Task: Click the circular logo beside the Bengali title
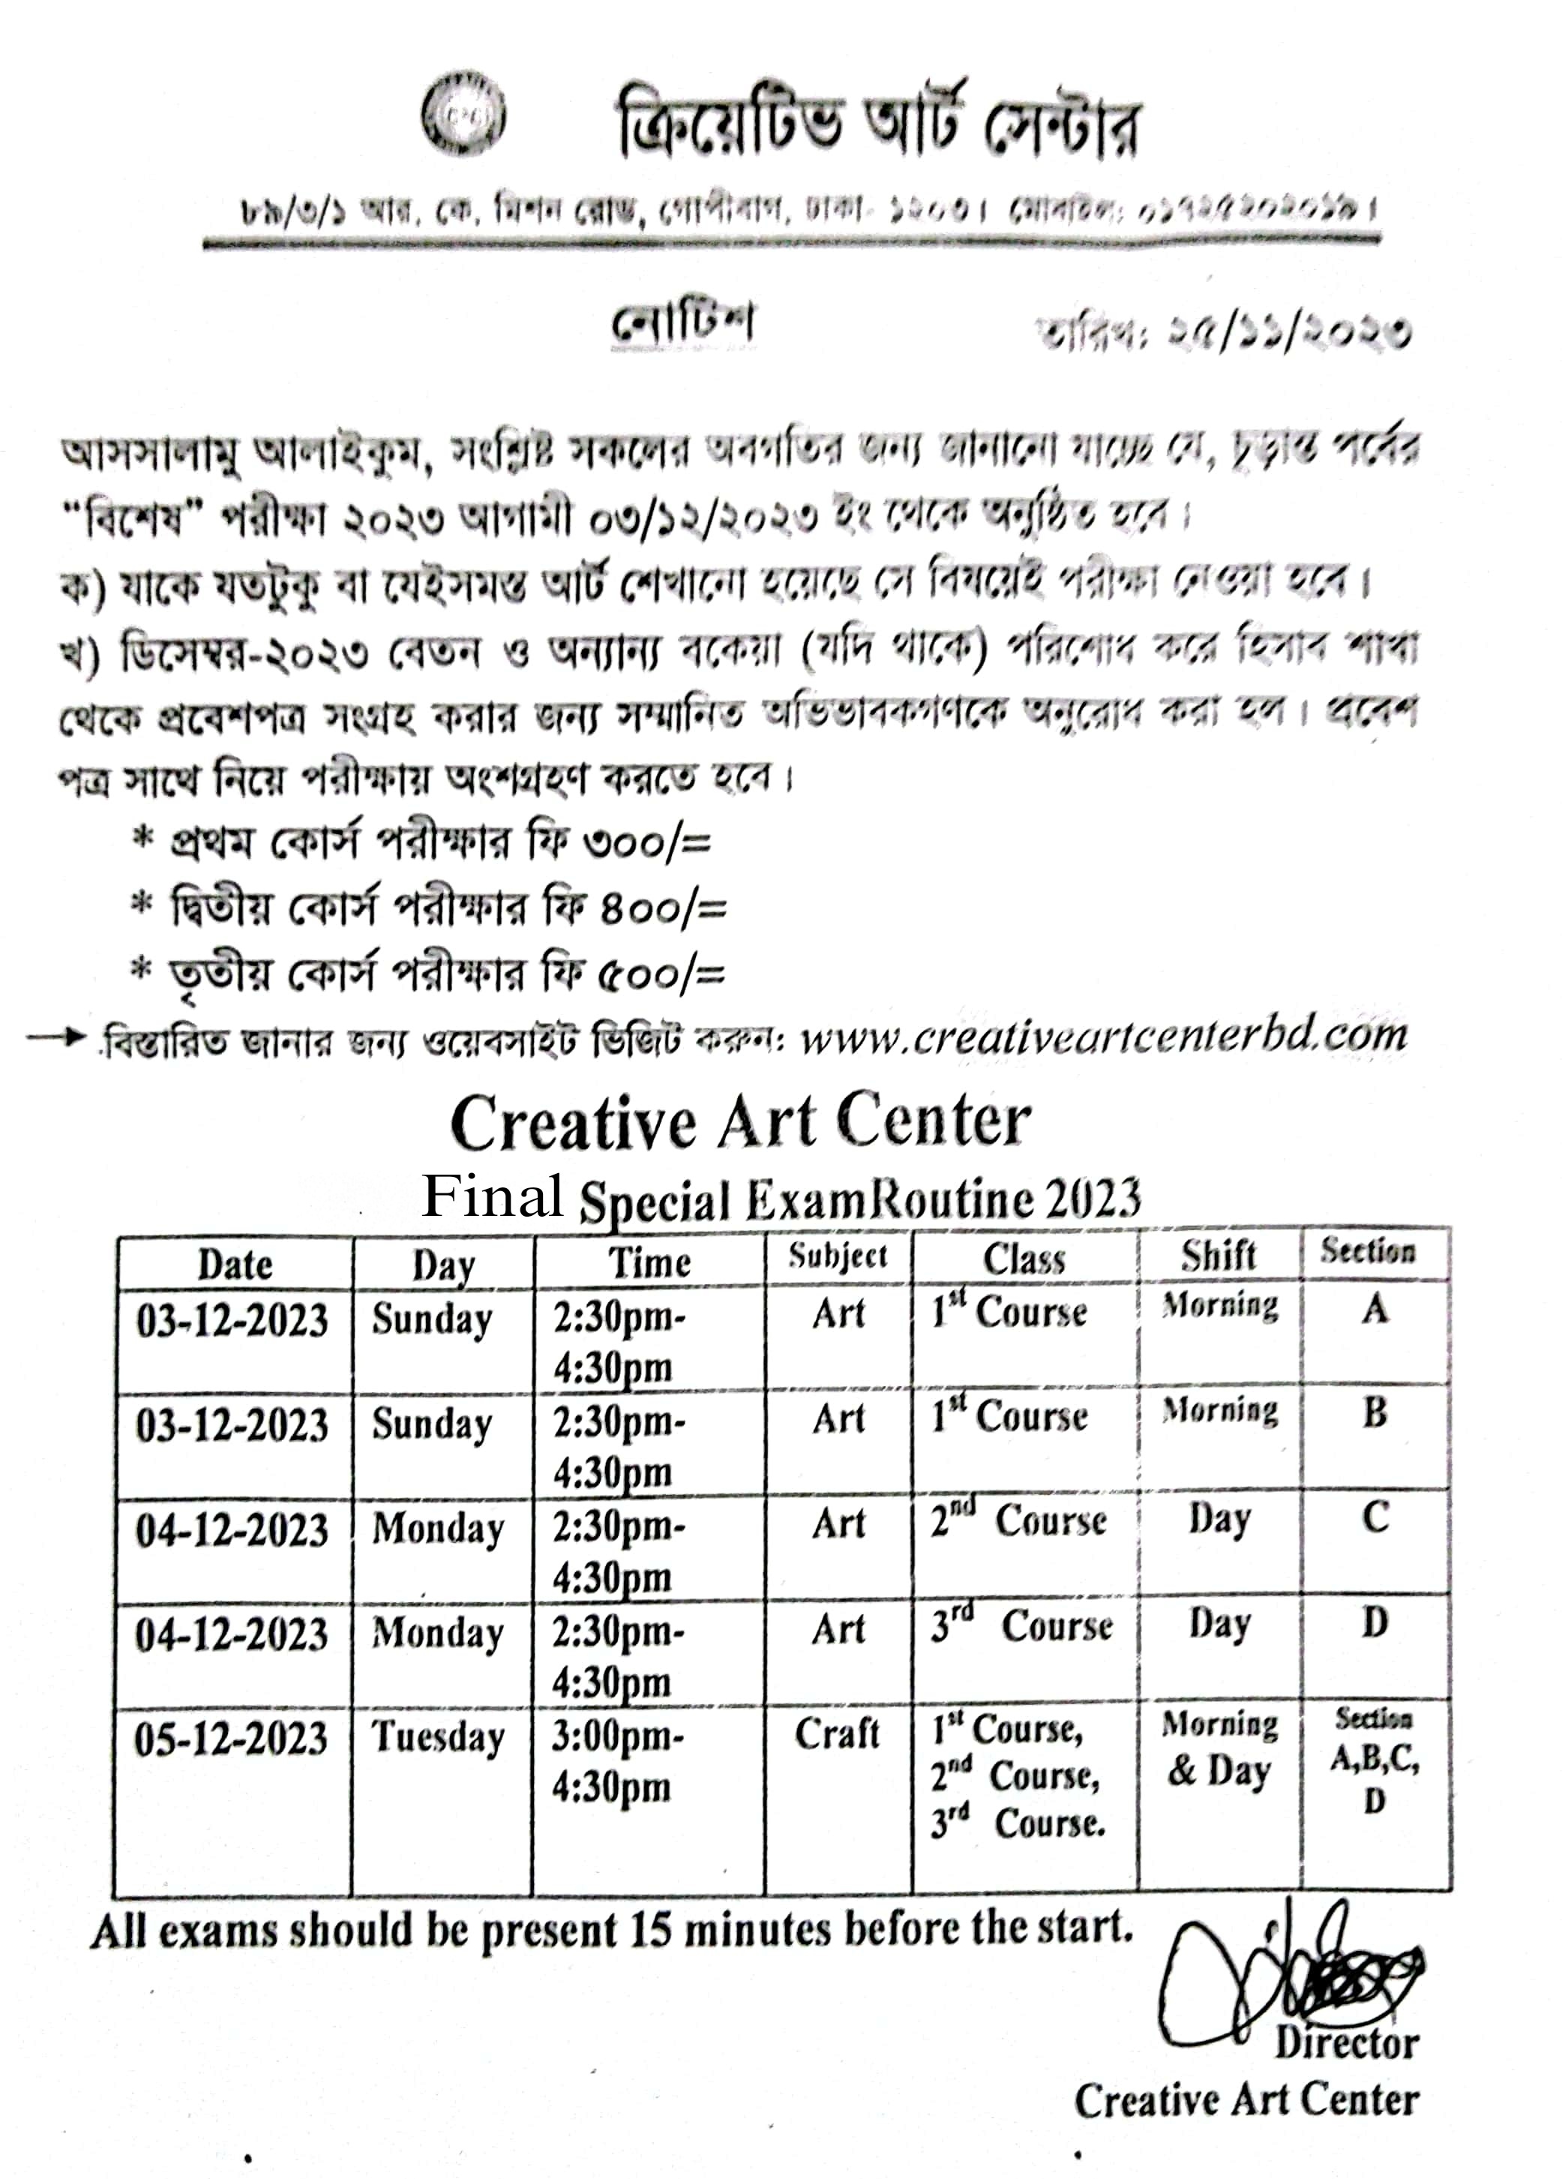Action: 464,113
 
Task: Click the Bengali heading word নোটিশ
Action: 683,325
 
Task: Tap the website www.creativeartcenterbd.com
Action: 1103,1037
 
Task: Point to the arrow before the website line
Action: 55,1037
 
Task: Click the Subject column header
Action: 838,1256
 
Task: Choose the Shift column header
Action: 1218,1255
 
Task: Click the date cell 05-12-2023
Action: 230,1739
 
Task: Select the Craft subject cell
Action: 837,1733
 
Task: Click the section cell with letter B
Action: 1375,1412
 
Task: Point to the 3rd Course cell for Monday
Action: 1021,1625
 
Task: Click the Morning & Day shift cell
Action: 1219,1748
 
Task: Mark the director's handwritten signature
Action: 1288,1979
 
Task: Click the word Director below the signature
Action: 1346,2043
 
